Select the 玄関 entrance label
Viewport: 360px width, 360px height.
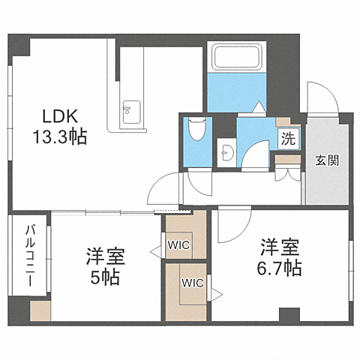(x=325, y=160)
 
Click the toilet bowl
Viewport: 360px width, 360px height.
(x=198, y=129)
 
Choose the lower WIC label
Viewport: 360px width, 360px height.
(x=192, y=283)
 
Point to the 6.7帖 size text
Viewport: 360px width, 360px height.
(x=281, y=268)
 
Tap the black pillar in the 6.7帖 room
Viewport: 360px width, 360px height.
(x=289, y=314)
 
